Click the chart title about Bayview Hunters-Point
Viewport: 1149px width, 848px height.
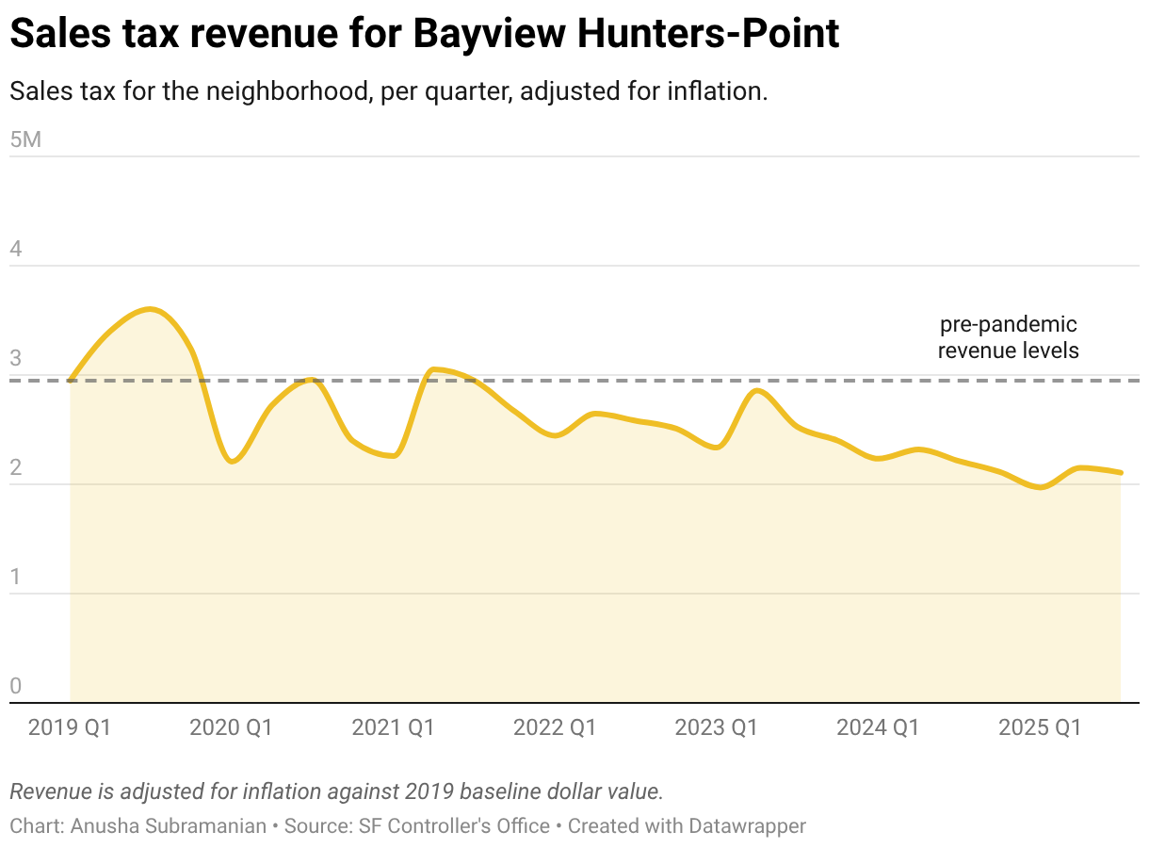425,35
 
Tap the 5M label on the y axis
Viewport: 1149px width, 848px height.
25,140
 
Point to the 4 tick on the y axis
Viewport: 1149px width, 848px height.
16,250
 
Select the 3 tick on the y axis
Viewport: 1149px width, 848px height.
16,359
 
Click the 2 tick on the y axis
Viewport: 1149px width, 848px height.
16,468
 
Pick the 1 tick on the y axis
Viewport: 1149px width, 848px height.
16,578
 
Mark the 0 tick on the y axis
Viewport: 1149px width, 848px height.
16,687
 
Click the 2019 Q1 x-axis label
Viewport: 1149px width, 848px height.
70,727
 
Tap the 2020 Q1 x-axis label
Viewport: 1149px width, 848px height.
232,727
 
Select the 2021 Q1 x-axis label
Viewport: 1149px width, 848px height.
393,727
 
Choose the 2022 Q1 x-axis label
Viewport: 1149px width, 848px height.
555,727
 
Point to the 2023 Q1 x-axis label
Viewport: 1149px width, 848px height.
717,727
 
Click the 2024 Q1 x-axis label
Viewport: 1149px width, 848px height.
878,727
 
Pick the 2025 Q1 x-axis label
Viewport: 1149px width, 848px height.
1040,727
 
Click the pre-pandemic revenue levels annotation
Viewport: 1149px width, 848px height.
1008,337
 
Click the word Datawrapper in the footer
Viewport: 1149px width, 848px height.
747,826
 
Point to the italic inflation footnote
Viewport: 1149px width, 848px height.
336,791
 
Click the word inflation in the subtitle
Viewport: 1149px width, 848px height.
719,92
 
